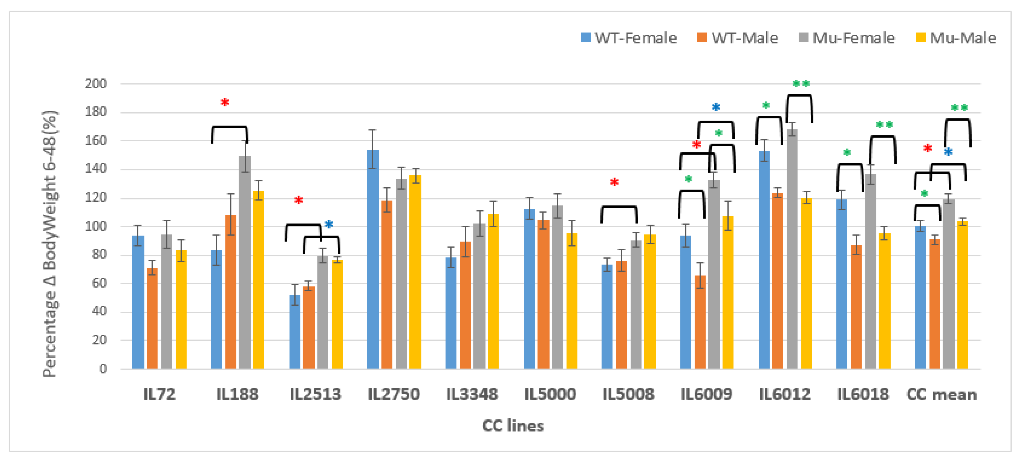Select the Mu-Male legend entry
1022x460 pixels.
(x=956, y=38)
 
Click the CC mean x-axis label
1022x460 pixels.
(x=941, y=394)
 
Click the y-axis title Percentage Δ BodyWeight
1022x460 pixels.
(x=50, y=244)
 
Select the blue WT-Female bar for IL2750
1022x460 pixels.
(x=373, y=260)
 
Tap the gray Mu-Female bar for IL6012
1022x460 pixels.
(x=792, y=250)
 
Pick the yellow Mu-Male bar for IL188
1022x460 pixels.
(x=258, y=280)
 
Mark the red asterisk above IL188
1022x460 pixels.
(x=224, y=102)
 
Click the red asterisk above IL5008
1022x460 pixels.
(x=614, y=182)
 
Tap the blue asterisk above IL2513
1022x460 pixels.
(x=329, y=224)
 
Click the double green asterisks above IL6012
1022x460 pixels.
(x=801, y=83)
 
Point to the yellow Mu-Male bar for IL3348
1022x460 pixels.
(x=493, y=292)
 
